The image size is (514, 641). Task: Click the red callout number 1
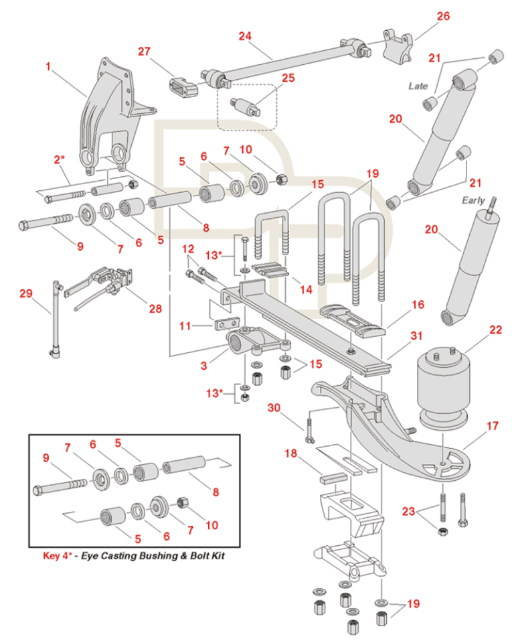(48, 66)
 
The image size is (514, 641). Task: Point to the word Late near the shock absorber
(418, 86)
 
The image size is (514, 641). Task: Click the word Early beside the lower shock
(473, 200)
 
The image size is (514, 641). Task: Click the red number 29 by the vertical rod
(26, 293)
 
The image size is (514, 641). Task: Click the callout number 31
(416, 335)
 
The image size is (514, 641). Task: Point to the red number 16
(418, 305)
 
